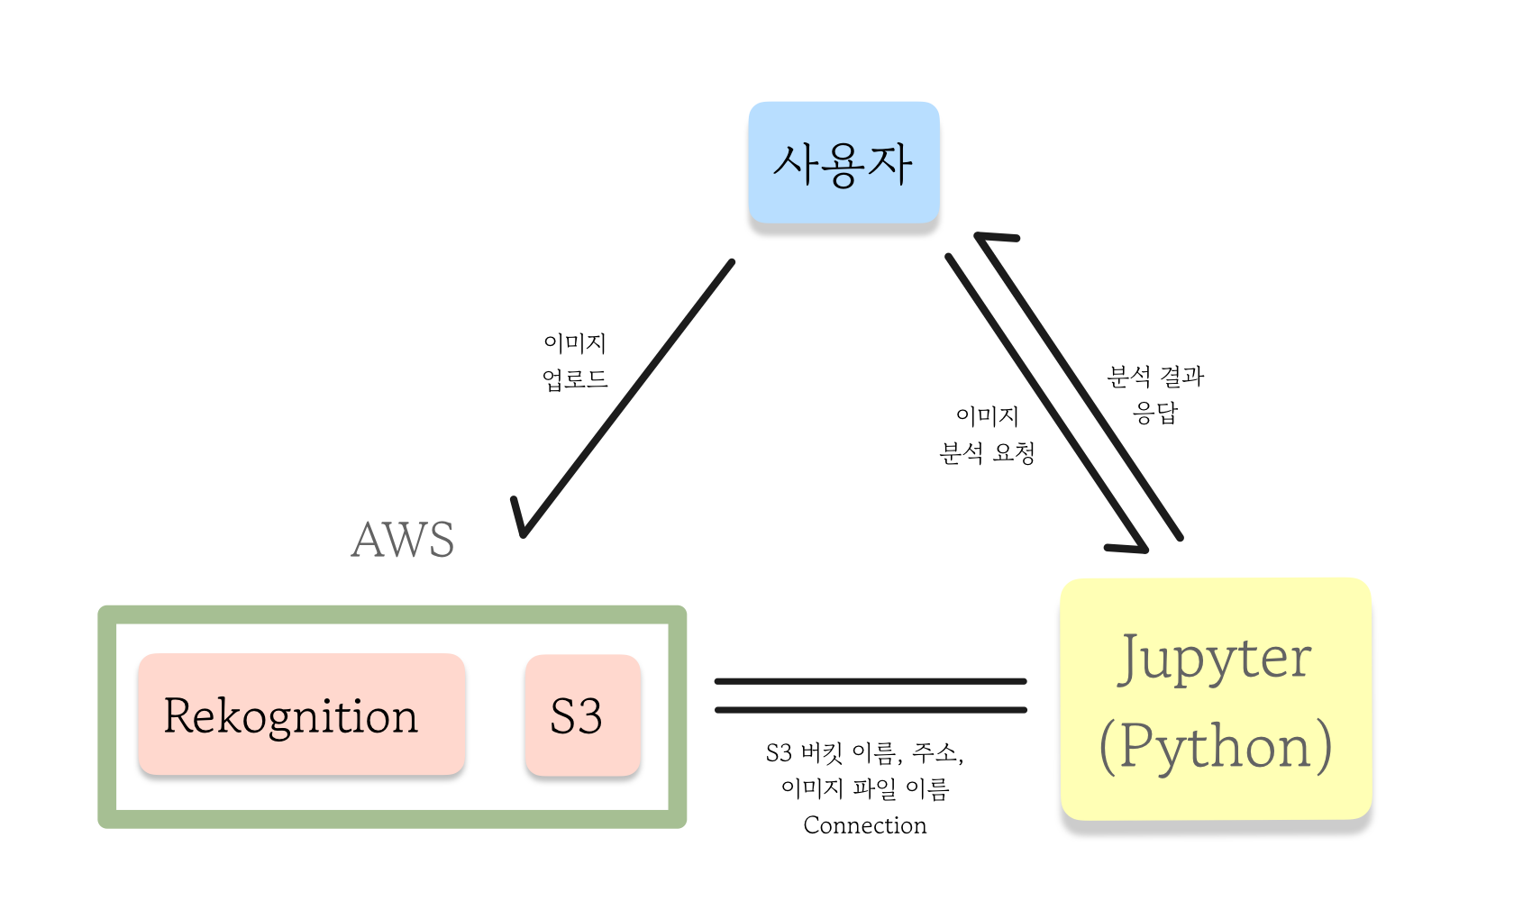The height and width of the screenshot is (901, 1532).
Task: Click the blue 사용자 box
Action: pyautogui.click(x=844, y=163)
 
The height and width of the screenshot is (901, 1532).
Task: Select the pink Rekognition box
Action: pyautogui.click(x=301, y=714)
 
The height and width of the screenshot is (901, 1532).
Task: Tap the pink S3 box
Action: pyautogui.click(x=582, y=715)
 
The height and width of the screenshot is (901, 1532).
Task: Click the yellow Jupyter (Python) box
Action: pyautogui.click(x=1216, y=700)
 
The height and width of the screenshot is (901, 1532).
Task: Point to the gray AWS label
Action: pyautogui.click(x=402, y=541)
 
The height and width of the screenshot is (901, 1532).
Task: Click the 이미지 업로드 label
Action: pyautogui.click(x=575, y=361)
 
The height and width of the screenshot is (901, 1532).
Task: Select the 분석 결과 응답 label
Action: pyautogui.click(x=1155, y=394)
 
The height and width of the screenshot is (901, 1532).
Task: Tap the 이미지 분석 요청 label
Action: pyautogui.click(x=987, y=433)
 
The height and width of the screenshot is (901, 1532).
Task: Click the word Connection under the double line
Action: pyautogui.click(x=864, y=825)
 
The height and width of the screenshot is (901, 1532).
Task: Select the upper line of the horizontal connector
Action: pyautogui.click(x=870, y=681)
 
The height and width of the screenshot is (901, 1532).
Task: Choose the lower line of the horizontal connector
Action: pyautogui.click(x=870, y=710)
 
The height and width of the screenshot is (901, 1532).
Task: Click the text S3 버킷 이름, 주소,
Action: pyautogui.click(x=864, y=752)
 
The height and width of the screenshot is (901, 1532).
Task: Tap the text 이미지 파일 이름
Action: pyautogui.click(x=864, y=789)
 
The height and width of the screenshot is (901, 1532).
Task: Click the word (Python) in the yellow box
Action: pyautogui.click(x=1215, y=746)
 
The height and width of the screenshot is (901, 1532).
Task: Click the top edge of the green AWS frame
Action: pyautogui.click(x=392, y=614)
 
